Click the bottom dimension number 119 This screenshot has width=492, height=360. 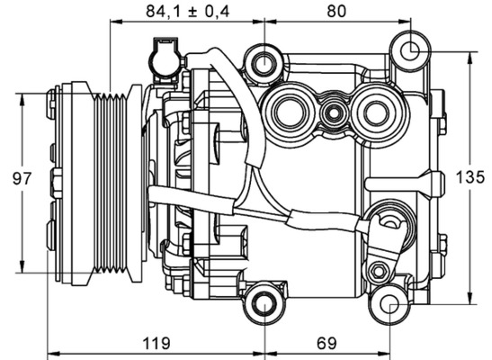tap(157, 343)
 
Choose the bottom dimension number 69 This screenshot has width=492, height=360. tap(328, 343)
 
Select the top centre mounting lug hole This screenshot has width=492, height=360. tap(264, 64)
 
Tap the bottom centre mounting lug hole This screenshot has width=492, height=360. tap(264, 303)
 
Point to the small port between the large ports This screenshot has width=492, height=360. tap(334, 113)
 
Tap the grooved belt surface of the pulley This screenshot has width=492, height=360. tap(115, 180)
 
